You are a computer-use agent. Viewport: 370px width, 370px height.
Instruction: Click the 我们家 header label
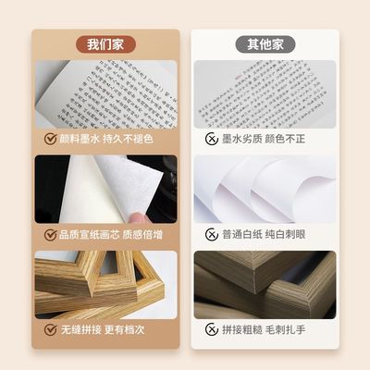click(105, 43)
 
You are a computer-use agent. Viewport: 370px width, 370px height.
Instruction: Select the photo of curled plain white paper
click(264, 189)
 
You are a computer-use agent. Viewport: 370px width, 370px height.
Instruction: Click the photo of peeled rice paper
click(105, 189)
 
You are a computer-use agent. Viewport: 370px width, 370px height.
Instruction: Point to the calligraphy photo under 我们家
click(105, 93)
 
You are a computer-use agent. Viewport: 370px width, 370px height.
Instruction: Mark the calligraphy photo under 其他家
click(264, 93)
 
